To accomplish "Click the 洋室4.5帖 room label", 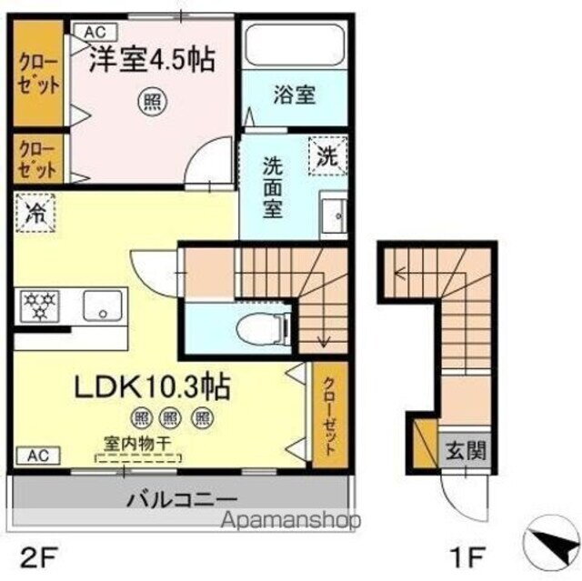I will [151, 60].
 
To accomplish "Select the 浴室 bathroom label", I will [294, 94].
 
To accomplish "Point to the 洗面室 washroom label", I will [272, 187].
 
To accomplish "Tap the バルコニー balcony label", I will [181, 499].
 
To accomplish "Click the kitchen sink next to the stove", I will [105, 306].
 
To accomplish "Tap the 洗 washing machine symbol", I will [326, 155].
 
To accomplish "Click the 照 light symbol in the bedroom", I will [150, 103].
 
